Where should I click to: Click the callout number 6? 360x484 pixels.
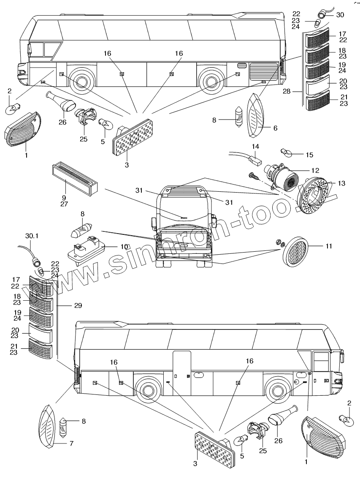(x=276, y=128)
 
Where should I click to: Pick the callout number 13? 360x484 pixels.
(x=341, y=183)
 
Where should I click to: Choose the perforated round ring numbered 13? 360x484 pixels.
(x=315, y=196)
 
